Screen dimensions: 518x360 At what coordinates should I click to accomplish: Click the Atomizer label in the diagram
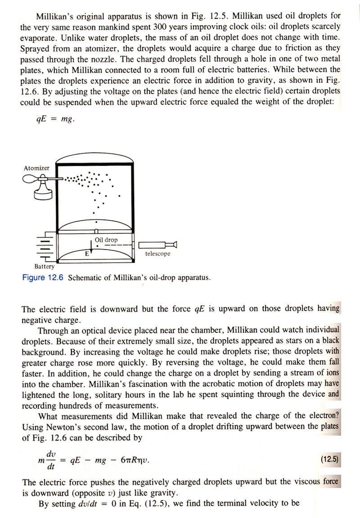click(36, 168)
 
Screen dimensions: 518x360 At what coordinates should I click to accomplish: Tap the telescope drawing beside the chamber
click(157, 245)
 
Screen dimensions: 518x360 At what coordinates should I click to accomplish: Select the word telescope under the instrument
click(157, 254)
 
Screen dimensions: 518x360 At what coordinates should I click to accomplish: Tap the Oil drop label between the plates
click(106, 240)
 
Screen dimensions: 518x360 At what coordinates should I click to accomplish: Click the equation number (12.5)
click(330, 459)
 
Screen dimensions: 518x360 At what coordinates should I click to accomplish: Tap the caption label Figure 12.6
click(43, 277)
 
